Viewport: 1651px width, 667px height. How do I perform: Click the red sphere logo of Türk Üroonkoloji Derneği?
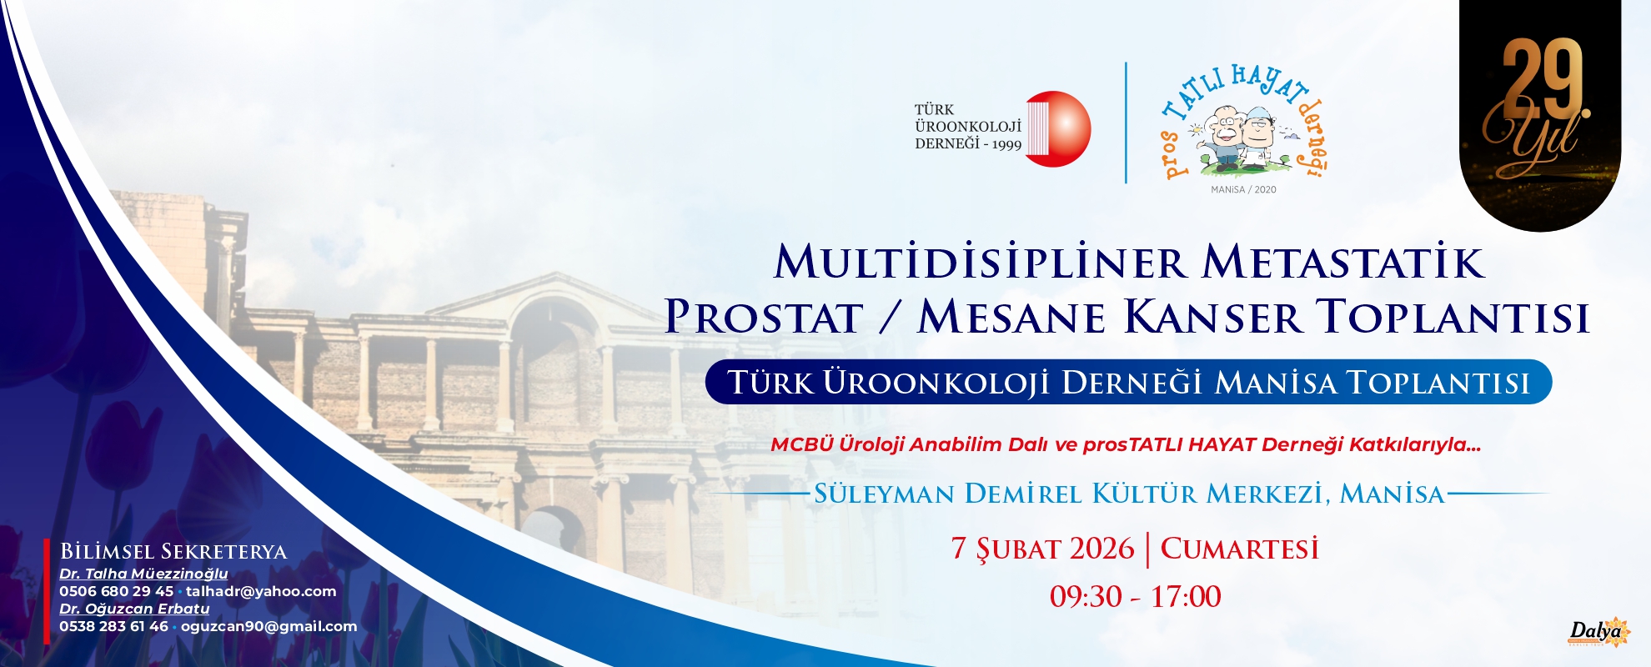[1058, 129]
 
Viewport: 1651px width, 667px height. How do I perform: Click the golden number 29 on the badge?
[1543, 79]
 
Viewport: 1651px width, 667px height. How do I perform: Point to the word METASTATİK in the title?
[1343, 262]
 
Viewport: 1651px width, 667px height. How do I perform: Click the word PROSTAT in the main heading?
[764, 318]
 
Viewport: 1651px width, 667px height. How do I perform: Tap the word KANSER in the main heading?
[1212, 318]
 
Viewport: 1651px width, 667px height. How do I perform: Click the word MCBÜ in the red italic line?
[801, 444]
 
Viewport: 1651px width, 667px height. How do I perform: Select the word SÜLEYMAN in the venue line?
[884, 494]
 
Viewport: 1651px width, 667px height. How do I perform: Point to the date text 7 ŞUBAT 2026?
[1042, 549]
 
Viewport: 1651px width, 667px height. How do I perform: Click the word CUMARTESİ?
[1240, 549]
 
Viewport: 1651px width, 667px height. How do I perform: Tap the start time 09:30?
[1086, 597]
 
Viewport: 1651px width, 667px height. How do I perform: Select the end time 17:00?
[1186, 597]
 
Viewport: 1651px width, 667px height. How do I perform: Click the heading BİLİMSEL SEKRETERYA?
[173, 552]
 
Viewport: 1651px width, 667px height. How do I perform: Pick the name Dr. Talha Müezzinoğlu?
[143, 574]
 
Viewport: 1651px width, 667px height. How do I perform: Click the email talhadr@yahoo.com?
[261, 591]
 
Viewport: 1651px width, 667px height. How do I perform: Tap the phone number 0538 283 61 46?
[113, 626]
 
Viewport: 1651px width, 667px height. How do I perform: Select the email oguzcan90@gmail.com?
[268, 626]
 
